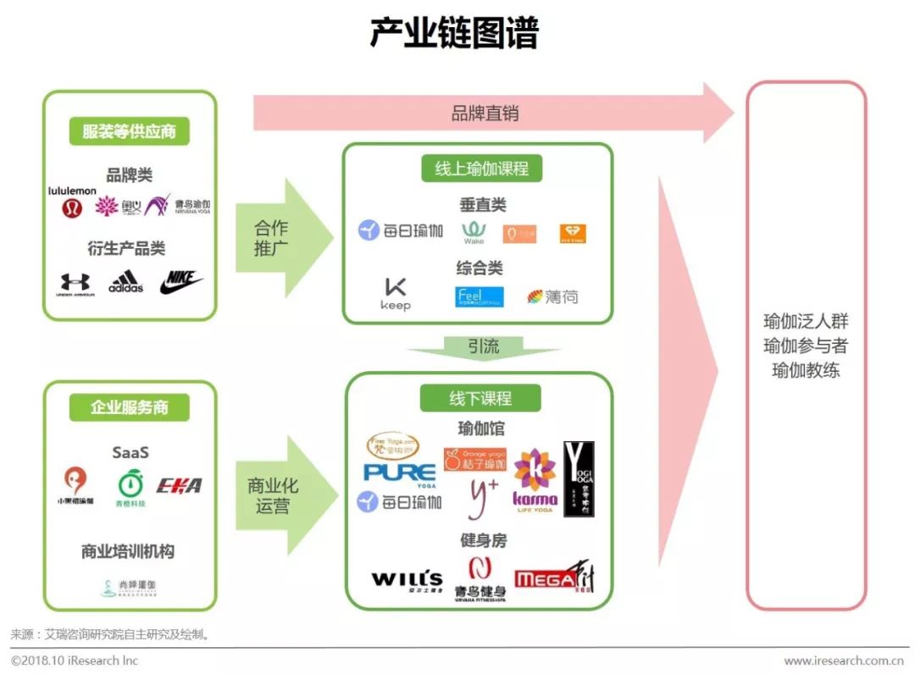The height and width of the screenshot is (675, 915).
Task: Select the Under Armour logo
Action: [75, 284]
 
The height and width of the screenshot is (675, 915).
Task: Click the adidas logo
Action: [125, 282]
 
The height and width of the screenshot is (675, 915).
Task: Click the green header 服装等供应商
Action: [129, 132]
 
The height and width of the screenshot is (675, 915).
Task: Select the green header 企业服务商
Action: [129, 407]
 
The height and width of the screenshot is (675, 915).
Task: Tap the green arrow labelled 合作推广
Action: [275, 238]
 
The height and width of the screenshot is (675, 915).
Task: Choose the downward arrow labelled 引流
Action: [484, 346]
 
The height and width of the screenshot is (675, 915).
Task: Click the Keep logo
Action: [396, 293]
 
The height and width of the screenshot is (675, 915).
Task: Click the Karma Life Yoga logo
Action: [535, 480]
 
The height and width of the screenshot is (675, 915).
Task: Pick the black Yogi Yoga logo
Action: [579, 479]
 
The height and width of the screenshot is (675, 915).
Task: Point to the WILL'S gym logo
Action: [407, 580]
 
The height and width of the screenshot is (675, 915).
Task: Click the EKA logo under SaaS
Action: [179, 485]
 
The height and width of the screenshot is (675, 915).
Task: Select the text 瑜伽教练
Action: [805, 371]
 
